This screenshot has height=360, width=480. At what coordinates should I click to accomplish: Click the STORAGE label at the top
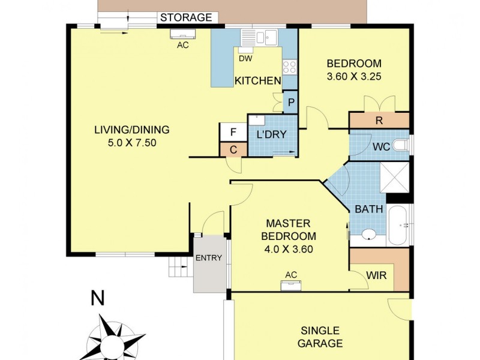[x=186, y=17]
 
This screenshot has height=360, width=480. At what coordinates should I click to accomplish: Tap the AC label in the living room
[x=182, y=44]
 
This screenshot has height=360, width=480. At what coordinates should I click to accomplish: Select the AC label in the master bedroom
[x=291, y=275]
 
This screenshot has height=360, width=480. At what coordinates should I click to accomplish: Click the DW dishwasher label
[x=245, y=58]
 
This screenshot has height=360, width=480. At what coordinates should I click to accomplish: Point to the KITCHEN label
[x=257, y=81]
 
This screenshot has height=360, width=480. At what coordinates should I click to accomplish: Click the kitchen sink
[x=264, y=38]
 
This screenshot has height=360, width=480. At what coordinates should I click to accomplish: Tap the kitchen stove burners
[x=289, y=67]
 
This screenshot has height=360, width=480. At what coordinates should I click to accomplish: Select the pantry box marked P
[x=291, y=102]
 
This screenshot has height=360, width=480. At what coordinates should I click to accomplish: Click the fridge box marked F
[x=231, y=131]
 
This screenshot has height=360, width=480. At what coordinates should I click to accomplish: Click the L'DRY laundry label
[x=271, y=134]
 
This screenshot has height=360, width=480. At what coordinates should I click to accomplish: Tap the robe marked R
[x=379, y=120]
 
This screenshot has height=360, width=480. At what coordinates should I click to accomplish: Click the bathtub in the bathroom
[x=398, y=225]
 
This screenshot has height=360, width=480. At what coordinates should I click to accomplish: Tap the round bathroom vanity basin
[x=368, y=235]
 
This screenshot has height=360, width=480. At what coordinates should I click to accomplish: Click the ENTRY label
[x=209, y=258]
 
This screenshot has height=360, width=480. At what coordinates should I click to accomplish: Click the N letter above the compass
[x=95, y=298]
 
